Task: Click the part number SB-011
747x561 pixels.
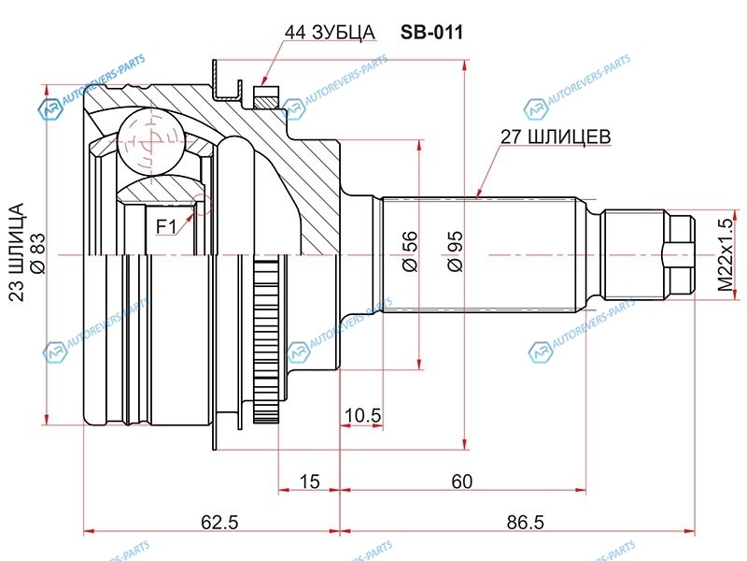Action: coord(432,32)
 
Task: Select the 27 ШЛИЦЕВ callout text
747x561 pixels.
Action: coord(557,137)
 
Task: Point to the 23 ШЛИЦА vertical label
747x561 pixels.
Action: coord(16,252)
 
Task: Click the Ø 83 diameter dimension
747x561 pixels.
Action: coord(38,252)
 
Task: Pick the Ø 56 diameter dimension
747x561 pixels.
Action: coord(408,252)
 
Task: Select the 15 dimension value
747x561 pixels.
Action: coord(310,482)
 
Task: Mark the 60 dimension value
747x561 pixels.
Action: coord(461,482)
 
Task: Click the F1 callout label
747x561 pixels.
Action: coord(166,225)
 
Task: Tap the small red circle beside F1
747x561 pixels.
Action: coord(194,209)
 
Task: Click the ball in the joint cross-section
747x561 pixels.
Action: coord(148,140)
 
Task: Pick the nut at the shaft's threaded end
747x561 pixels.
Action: coord(679,254)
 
